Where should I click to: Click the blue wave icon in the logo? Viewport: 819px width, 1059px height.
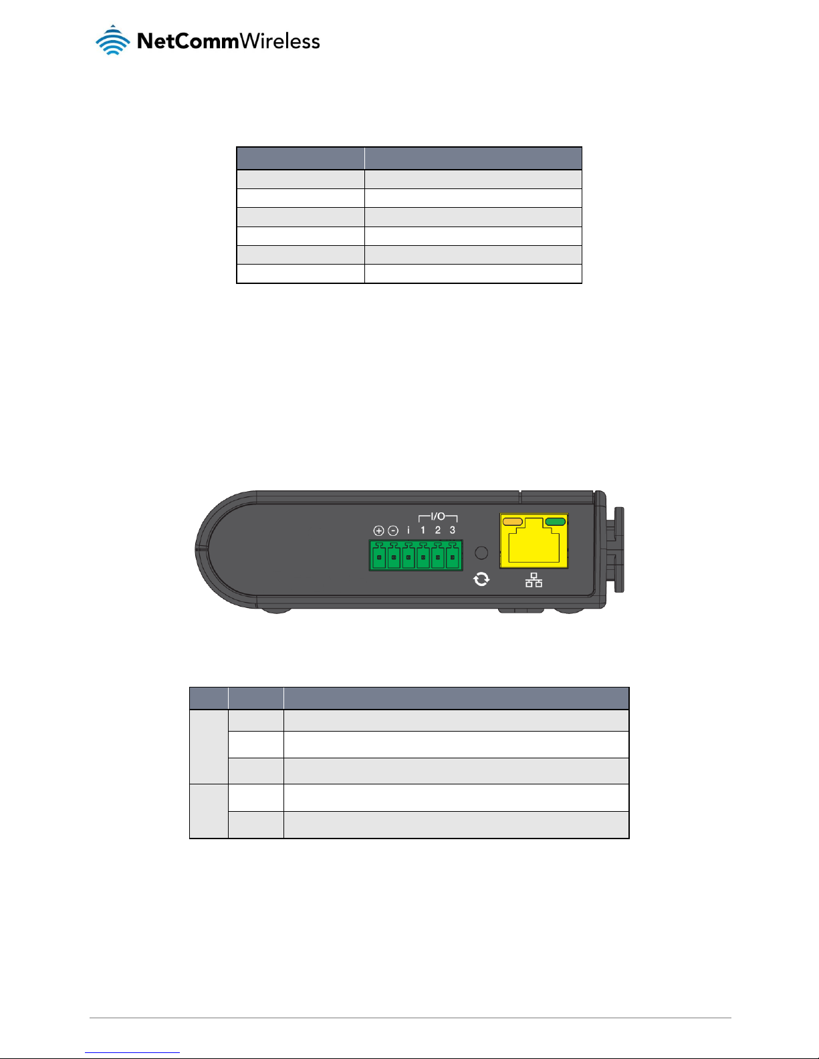[112, 40]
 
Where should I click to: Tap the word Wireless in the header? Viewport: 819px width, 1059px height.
[280, 41]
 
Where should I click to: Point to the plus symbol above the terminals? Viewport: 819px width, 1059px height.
[378, 531]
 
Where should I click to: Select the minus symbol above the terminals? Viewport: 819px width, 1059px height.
[393, 531]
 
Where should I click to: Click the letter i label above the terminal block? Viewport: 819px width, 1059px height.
[408, 531]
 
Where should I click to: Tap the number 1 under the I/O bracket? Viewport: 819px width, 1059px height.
[423, 531]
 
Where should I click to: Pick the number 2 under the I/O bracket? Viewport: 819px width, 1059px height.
[438, 531]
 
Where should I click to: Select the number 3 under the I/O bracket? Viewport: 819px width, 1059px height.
[453, 531]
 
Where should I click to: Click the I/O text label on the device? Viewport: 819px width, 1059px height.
[438, 516]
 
